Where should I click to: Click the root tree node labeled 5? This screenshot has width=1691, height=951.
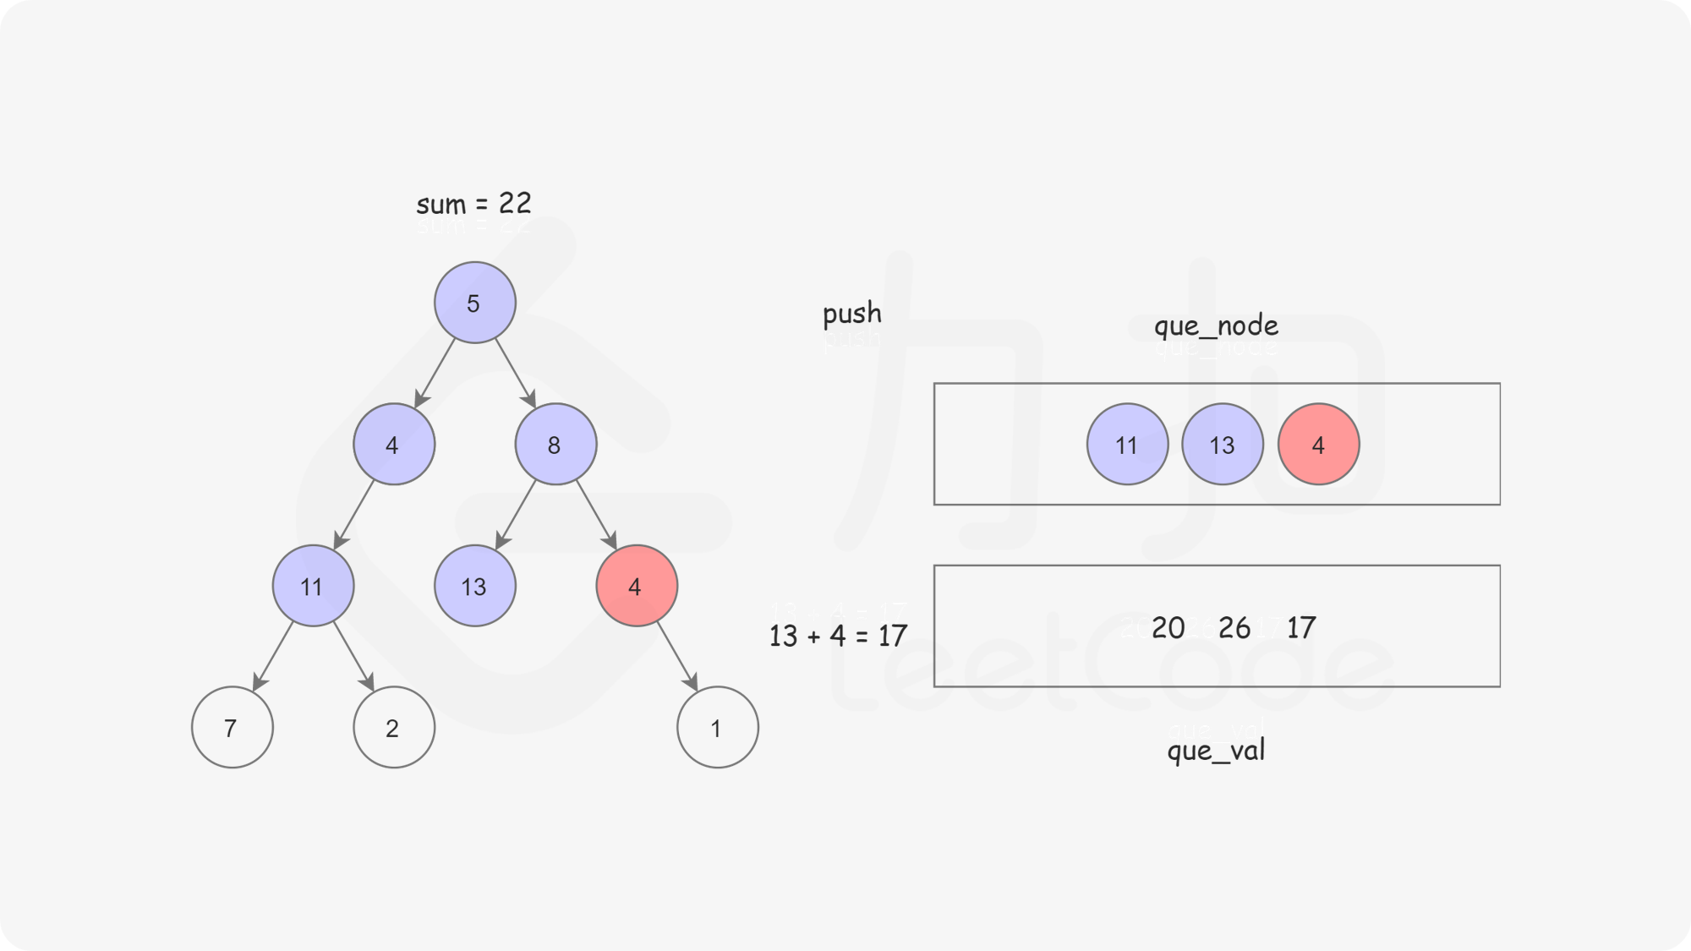click(475, 303)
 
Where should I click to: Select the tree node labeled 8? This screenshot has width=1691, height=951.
click(555, 444)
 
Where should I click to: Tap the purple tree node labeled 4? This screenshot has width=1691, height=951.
click(394, 444)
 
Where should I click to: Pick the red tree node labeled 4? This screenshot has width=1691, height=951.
click(637, 586)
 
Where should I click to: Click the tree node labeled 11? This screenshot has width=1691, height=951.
click(313, 586)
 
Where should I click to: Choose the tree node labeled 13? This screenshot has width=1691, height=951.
click(475, 586)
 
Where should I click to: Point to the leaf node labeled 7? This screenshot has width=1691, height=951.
click(233, 727)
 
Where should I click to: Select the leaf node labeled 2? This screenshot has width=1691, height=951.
click(394, 727)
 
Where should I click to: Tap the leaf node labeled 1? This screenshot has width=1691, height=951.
click(718, 727)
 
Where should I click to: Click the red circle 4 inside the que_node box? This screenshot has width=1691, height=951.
click(1319, 444)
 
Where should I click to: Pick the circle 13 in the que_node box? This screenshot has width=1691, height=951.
click(1223, 444)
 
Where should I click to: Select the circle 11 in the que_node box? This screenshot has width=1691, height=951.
click(1128, 444)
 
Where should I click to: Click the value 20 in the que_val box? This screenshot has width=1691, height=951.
click(1168, 627)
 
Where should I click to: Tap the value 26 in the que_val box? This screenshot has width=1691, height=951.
click(1234, 627)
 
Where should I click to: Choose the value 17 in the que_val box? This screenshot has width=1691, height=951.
click(1301, 627)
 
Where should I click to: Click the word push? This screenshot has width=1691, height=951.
click(852, 314)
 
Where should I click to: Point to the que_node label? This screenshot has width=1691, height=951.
click(1217, 325)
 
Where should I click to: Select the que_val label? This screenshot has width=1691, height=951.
click(1216, 750)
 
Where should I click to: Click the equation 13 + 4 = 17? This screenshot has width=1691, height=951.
click(838, 636)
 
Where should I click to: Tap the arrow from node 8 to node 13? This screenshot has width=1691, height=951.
click(516, 515)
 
